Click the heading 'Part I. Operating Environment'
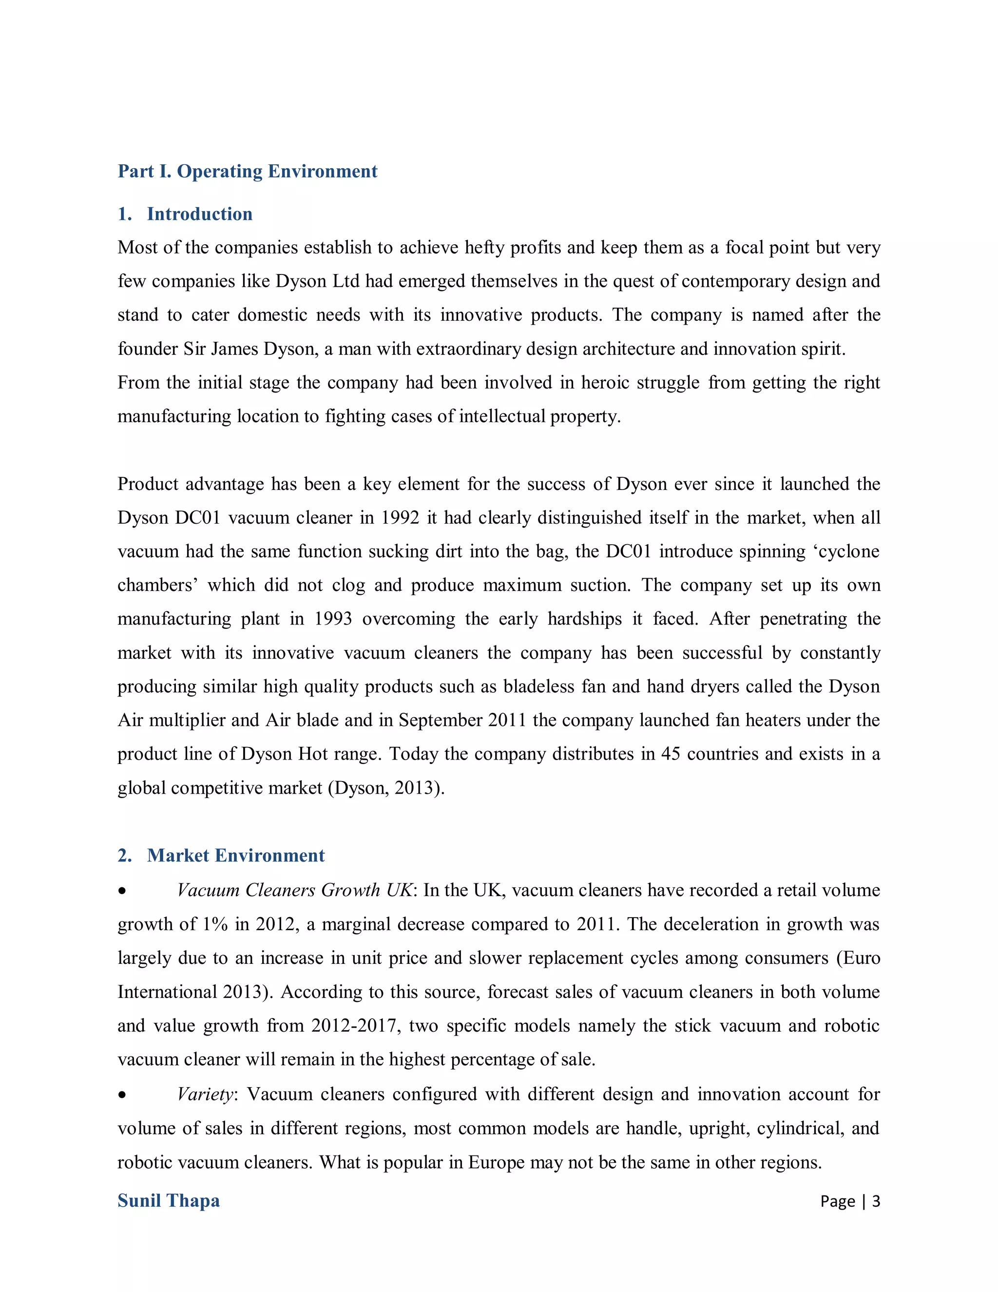[247, 171]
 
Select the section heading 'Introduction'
[199, 214]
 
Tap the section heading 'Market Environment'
[235, 856]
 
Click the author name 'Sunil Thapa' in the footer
[169, 1200]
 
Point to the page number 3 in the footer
[876, 1201]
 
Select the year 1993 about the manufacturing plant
[333, 619]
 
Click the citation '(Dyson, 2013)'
[386, 788]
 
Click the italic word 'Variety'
[205, 1095]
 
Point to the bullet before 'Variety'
[122, 1096]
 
